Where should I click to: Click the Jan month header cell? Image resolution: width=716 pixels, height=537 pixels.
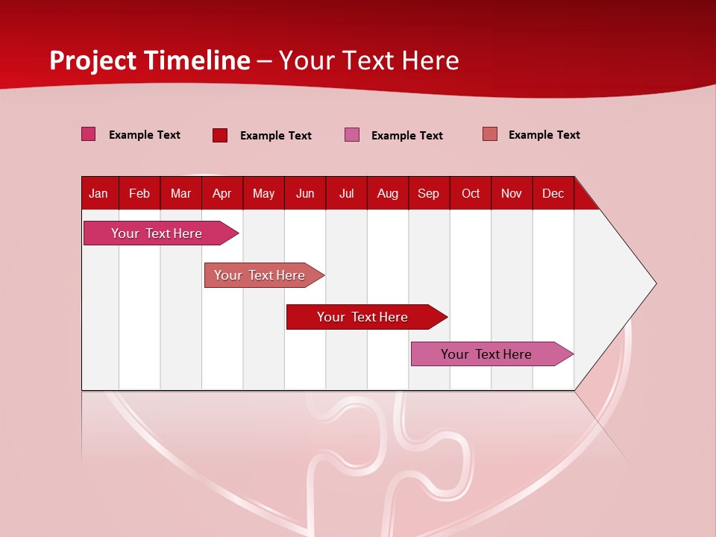pyautogui.click(x=99, y=193)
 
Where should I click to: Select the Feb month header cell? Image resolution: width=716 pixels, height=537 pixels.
pyautogui.click(x=139, y=193)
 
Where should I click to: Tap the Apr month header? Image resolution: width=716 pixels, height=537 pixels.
pyautogui.click(x=222, y=193)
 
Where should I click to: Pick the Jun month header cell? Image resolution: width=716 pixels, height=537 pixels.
pyautogui.click(x=305, y=193)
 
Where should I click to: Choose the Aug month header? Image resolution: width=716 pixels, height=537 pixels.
pyautogui.click(x=388, y=193)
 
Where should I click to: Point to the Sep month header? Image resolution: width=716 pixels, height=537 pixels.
pyautogui.click(x=429, y=193)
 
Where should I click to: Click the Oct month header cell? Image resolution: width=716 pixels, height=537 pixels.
pyautogui.click(x=471, y=193)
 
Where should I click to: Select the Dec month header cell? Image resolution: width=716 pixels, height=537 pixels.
pyautogui.click(x=553, y=193)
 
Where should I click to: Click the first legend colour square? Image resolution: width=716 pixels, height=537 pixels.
pyautogui.click(x=89, y=134)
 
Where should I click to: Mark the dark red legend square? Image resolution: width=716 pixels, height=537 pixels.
pyautogui.click(x=220, y=135)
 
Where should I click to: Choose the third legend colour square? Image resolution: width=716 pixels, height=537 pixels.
pyautogui.click(x=352, y=135)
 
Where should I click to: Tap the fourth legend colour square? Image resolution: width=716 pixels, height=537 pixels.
pyautogui.click(x=490, y=134)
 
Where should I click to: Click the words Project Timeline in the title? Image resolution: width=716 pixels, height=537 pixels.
pyautogui.click(x=150, y=60)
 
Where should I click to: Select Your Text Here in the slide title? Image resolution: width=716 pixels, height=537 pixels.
pyautogui.click(x=369, y=60)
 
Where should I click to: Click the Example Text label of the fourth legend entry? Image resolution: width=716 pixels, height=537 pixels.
pyautogui.click(x=544, y=135)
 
